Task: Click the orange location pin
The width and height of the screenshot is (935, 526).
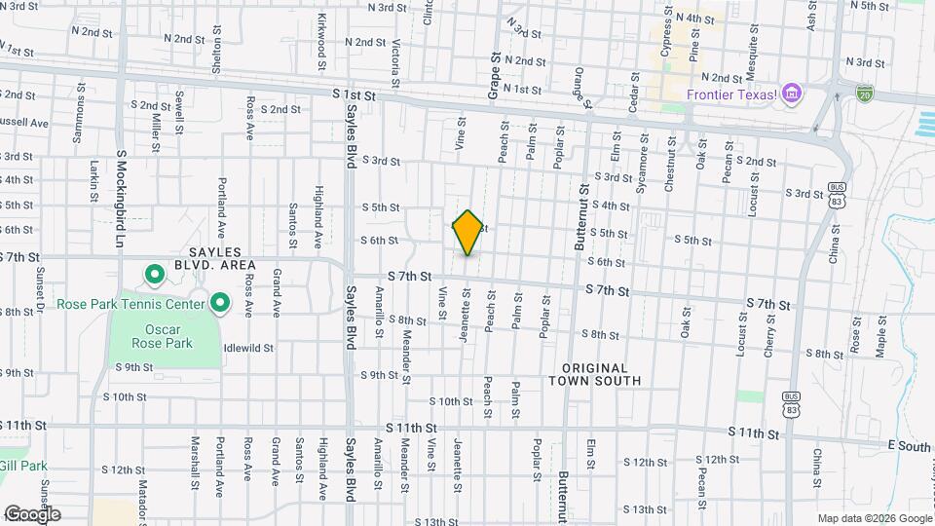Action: click(467, 233)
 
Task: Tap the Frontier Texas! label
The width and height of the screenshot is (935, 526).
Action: click(731, 94)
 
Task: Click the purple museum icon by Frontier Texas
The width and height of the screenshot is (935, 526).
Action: click(793, 94)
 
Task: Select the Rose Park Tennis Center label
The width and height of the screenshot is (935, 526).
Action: click(131, 304)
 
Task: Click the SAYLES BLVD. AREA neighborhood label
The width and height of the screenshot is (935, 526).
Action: click(214, 258)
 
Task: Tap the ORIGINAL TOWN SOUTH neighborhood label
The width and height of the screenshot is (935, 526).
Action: click(601, 374)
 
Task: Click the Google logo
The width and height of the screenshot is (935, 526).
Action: click(31, 514)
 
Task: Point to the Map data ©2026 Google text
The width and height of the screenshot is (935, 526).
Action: click(874, 518)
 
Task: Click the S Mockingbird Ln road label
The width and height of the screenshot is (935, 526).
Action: click(122, 196)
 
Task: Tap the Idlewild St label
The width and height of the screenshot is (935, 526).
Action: click(248, 347)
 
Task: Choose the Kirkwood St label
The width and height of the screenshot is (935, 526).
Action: click(320, 38)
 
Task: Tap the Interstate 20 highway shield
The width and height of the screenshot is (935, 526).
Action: click(864, 94)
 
